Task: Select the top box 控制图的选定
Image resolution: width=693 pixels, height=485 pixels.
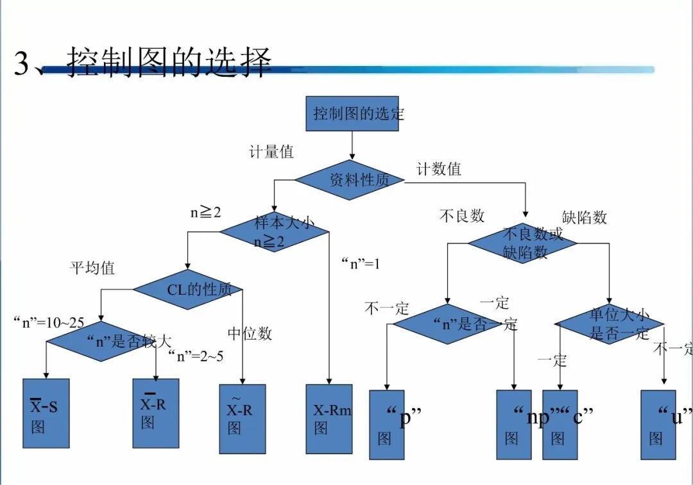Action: pos(352,114)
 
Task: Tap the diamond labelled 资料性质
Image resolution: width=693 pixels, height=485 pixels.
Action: pos(350,180)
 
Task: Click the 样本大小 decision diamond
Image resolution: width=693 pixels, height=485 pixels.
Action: pos(275,231)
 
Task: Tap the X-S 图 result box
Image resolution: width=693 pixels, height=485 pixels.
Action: pos(46,413)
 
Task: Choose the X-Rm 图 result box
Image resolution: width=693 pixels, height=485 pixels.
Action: pos(329,419)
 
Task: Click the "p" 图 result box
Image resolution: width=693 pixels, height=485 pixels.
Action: pos(387,425)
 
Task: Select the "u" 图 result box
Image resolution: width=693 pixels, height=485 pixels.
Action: pos(658,425)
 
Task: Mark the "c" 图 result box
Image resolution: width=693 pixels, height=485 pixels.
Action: pos(560,425)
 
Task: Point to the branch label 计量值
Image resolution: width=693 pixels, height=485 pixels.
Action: pos(271,152)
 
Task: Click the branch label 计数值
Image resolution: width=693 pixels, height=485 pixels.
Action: pos(439,169)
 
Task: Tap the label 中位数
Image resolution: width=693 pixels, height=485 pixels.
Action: pos(250,333)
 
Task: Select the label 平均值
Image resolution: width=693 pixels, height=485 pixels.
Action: pos(92,268)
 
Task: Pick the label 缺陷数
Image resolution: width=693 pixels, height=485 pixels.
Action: pos(584,217)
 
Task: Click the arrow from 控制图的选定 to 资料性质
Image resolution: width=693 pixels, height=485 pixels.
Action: pos(352,145)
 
